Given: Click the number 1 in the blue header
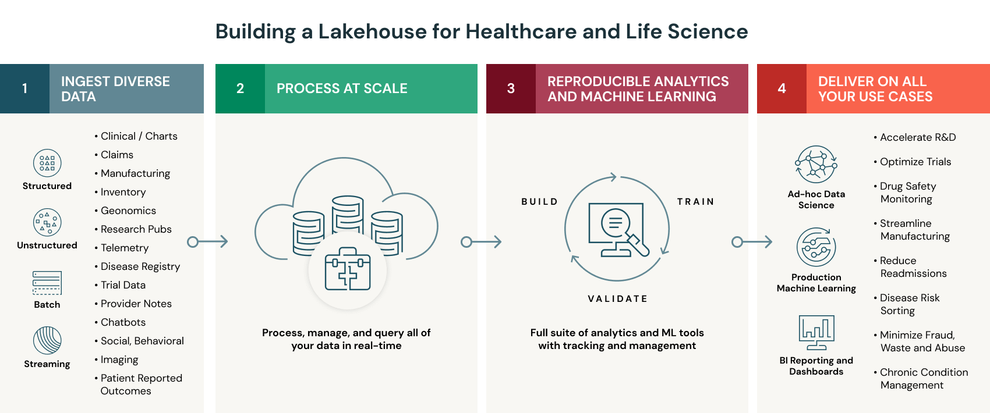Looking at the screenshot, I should (x=24, y=88).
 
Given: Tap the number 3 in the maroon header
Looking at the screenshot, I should (x=511, y=88).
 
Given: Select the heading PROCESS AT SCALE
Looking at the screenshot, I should (x=342, y=88).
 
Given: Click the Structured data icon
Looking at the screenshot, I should (x=47, y=163).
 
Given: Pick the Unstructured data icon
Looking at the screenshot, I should (x=47, y=222).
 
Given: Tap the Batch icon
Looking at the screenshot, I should (x=47, y=283).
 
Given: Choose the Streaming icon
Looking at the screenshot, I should (x=47, y=340).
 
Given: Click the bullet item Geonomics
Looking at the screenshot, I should (x=128, y=211).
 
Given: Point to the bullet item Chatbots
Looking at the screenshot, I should (x=123, y=322).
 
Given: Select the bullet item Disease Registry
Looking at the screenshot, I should (x=140, y=266).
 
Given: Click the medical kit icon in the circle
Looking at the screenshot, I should (x=348, y=269).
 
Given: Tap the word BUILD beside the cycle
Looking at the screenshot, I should (x=539, y=202).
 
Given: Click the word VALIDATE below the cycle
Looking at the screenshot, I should (x=617, y=299).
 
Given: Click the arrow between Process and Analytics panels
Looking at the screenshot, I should (x=481, y=241).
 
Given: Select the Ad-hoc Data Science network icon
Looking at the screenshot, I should (x=816, y=165).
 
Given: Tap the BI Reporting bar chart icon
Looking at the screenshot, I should (x=816, y=332).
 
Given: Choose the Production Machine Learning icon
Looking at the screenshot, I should (x=816, y=247).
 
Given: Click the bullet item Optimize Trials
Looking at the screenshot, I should (x=915, y=162).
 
